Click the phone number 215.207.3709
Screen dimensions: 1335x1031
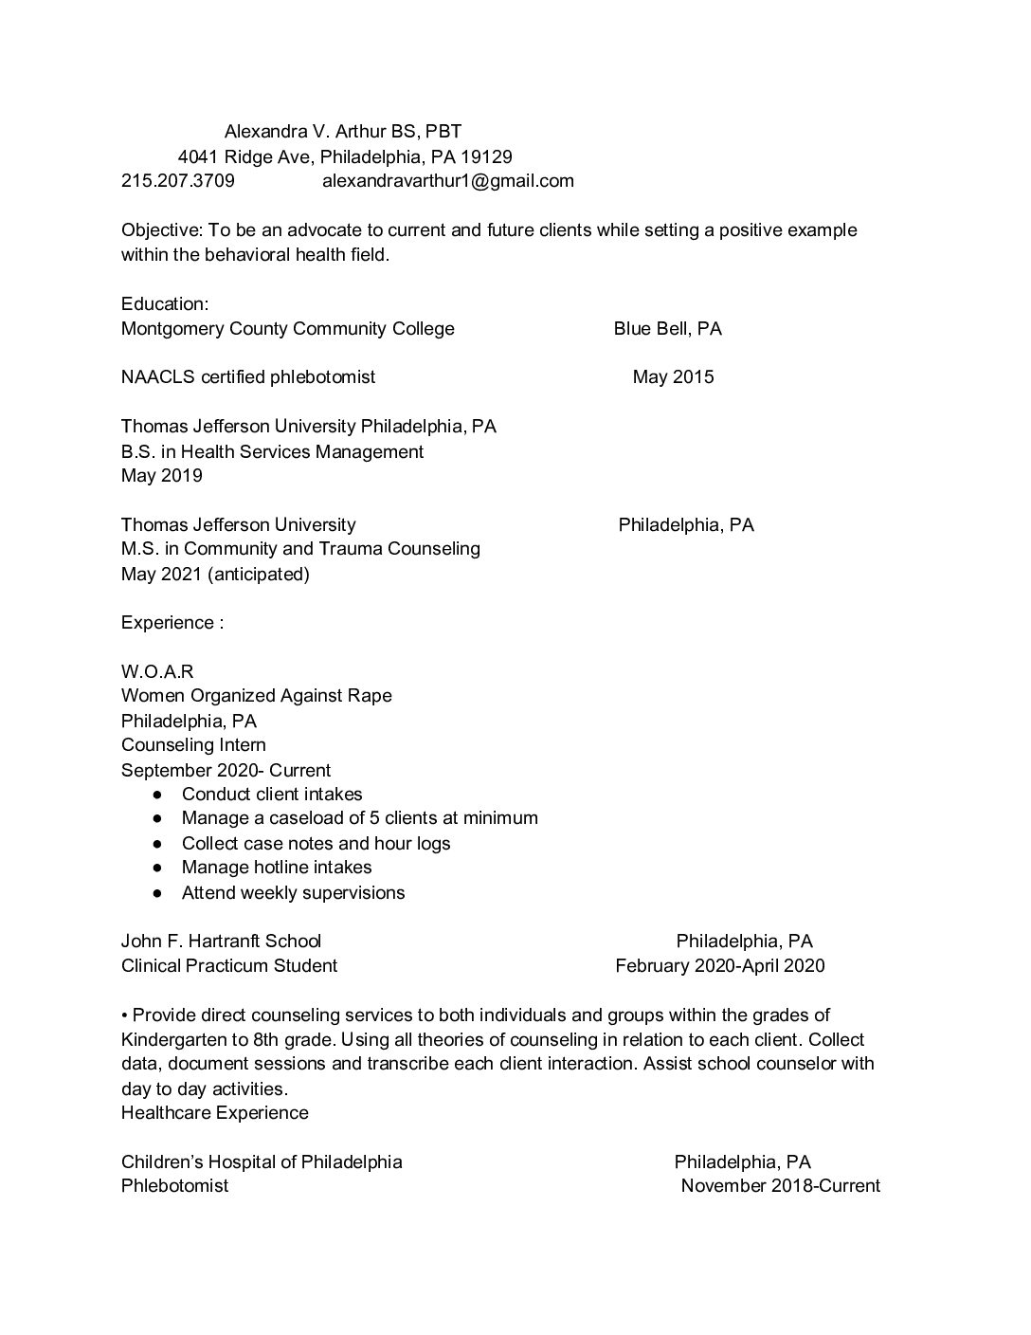(178, 180)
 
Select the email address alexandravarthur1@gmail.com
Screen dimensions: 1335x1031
(447, 180)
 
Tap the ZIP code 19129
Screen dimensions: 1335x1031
(486, 156)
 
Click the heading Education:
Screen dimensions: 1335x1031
(165, 303)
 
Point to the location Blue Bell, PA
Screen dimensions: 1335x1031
(667, 328)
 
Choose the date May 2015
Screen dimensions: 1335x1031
(673, 376)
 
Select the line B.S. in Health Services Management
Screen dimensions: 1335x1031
(272, 451)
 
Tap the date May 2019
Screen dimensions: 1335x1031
(161, 475)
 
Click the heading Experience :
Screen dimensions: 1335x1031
(172, 622)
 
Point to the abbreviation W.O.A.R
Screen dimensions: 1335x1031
(157, 671)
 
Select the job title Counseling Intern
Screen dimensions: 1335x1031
(193, 744)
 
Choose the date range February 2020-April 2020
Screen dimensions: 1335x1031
(719, 965)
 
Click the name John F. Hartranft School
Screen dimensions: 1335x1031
(221, 941)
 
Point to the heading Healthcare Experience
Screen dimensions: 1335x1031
(214, 1112)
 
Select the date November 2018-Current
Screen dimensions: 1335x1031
(780, 1185)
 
